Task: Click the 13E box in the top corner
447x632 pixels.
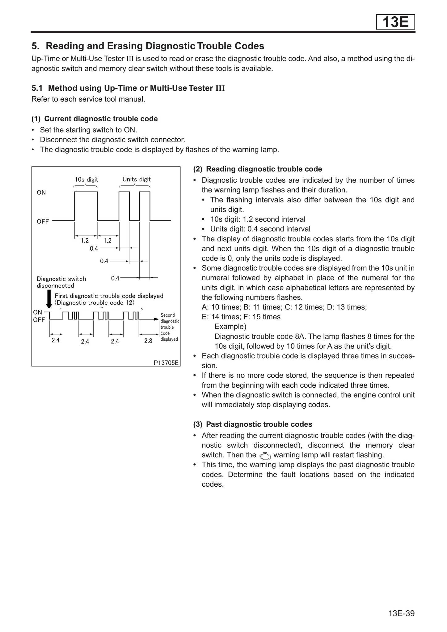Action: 395,22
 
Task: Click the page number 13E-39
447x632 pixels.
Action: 401,613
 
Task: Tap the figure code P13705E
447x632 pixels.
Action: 166,363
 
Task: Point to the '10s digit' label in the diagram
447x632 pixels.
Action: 86,179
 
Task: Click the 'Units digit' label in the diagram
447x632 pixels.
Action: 136,179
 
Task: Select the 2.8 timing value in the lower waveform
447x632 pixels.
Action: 148,341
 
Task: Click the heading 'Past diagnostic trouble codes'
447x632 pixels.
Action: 259,424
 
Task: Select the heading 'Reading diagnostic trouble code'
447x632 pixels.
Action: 264,169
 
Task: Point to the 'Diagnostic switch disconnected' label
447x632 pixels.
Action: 61,282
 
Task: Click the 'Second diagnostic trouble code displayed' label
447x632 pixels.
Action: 169,327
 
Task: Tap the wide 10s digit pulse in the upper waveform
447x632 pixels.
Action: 86,205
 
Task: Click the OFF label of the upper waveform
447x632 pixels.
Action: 43,222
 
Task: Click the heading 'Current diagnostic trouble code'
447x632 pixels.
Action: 101,119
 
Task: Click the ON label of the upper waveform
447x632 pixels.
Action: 41,193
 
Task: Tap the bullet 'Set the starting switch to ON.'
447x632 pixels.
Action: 88,130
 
